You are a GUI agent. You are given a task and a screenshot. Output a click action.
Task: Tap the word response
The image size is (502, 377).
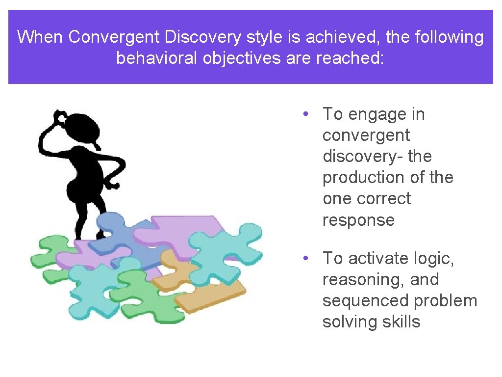coord(358,220)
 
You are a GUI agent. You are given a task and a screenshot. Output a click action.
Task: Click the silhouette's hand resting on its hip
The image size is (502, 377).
coord(112,185)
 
